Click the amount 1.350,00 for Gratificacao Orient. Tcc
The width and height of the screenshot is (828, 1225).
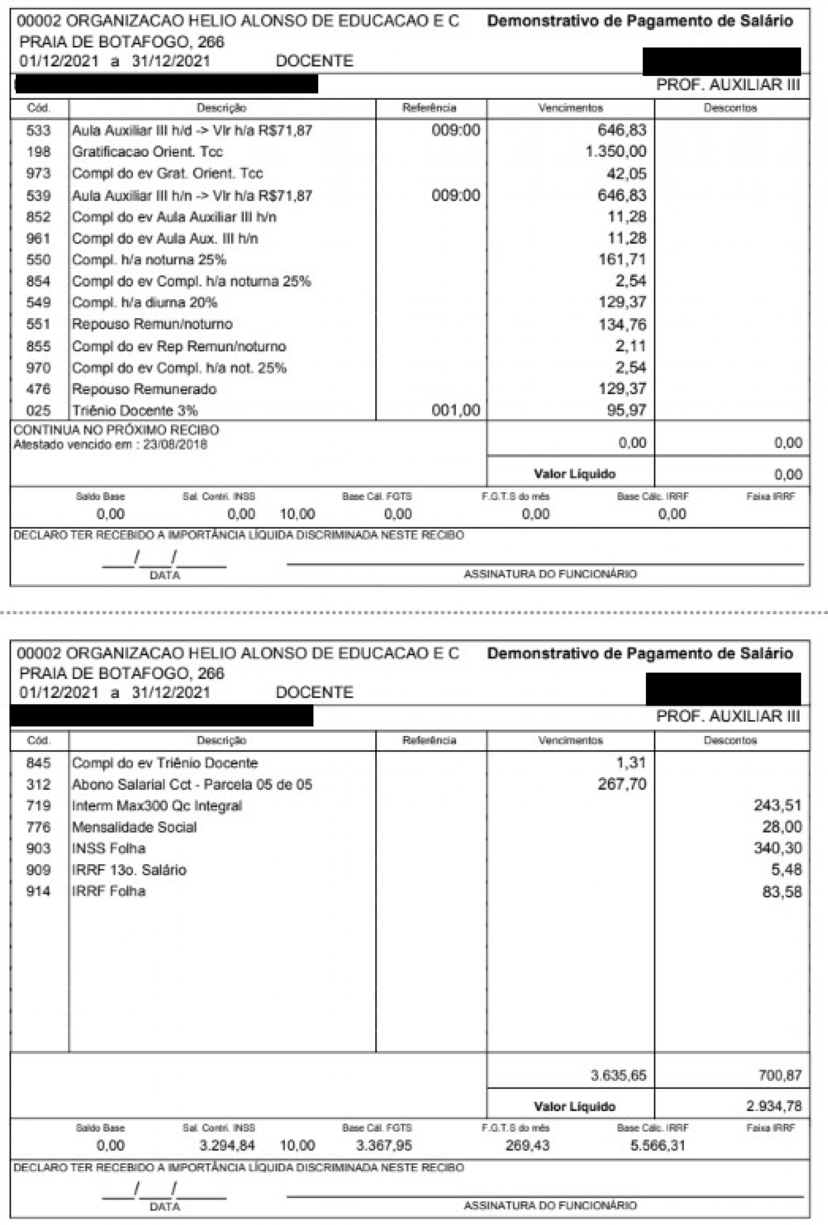click(615, 152)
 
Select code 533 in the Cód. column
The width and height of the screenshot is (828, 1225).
click(38, 130)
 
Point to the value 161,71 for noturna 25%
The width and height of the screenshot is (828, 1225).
click(622, 259)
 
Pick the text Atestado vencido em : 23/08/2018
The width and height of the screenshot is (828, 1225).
click(110, 444)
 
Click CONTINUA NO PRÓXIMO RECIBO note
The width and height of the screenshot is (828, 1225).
click(116, 430)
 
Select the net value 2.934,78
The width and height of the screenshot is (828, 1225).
click(774, 1106)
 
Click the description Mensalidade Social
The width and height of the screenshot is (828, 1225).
click(135, 827)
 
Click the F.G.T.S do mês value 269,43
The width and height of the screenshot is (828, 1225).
click(527, 1145)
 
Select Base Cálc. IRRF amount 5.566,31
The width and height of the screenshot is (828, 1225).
click(658, 1145)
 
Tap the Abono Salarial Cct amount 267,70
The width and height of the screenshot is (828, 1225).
click(622, 784)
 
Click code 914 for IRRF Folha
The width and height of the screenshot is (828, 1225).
click(38, 891)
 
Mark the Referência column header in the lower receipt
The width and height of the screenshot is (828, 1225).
click(429, 740)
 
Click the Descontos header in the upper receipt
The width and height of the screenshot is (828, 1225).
click(730, 108)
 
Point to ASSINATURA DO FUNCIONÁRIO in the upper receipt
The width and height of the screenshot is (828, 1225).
click(550, 574)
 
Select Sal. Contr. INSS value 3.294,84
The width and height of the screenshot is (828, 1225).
click(227, 1145)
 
